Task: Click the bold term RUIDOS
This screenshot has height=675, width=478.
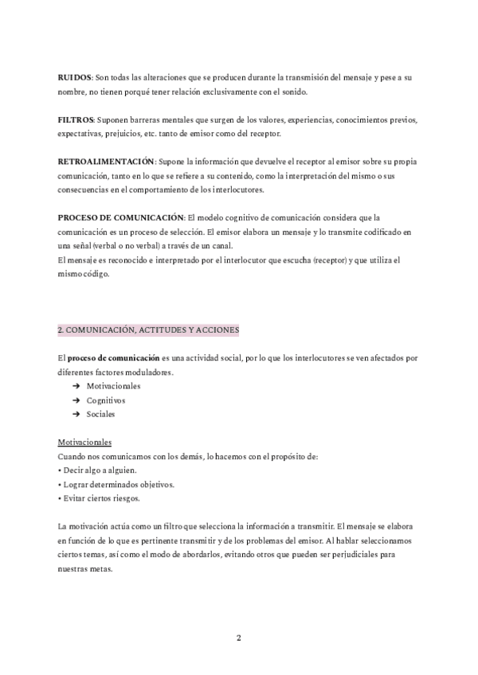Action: pos(75,78)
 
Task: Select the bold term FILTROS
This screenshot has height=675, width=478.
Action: pos(76,120)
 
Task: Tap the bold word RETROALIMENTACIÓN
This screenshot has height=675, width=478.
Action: pos(107,162)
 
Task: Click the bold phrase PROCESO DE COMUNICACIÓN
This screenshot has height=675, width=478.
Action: pos(121,217)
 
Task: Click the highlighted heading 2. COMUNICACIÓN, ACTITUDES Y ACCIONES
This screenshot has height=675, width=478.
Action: pos(148,329)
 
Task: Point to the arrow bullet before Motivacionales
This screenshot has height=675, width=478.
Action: pos(76,386)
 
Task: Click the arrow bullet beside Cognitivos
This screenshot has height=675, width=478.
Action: pos(76,400)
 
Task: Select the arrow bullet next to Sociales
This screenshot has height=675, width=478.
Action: pos(76,415)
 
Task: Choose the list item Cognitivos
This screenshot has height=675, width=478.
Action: pos(106,400)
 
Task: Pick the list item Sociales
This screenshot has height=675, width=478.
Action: pos(101,415)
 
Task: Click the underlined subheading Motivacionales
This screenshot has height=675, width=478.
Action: pos(84,443)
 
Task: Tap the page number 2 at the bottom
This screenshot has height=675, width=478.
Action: pos(239,638)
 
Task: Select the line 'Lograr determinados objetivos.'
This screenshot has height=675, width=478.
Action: pos(108,484)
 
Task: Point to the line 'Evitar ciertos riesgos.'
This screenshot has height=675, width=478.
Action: pos(100,498)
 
